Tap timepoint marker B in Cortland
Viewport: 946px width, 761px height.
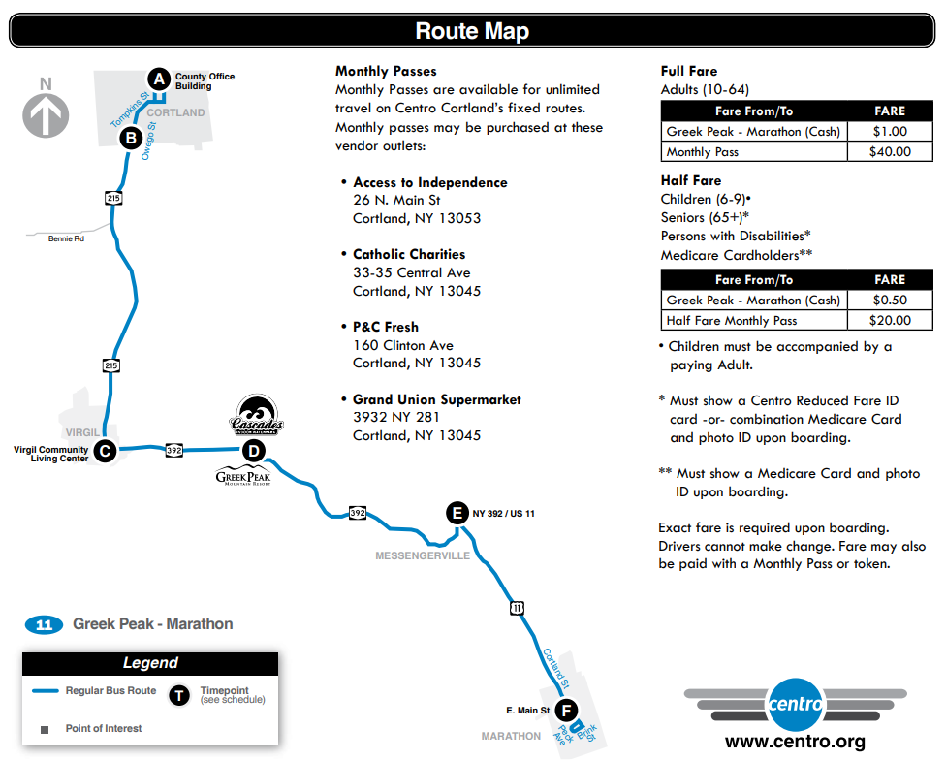(131, 139)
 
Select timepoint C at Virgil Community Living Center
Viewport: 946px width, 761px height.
(105, 451)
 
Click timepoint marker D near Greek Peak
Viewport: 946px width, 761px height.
(253, 450)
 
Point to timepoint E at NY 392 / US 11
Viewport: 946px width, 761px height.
(457, 513)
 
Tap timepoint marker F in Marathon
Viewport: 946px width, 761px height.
(567, 711)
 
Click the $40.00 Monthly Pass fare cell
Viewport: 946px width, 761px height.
(890, 151)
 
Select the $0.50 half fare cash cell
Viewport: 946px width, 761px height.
(890, 300)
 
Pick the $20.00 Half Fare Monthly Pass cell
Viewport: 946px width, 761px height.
(890, 320)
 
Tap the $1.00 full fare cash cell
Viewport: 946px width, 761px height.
(890, 131)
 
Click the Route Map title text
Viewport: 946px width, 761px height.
(472, 31)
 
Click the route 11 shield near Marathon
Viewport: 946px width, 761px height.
(517, 608)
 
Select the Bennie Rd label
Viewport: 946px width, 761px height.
(66, 238)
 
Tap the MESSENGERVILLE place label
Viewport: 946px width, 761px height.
(423, 555)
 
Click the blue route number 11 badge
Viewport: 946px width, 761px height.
(44, 624)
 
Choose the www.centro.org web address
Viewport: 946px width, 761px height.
(795, 743)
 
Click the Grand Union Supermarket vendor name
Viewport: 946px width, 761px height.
(436, 399)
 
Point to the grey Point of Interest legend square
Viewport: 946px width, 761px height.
(44, 729)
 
